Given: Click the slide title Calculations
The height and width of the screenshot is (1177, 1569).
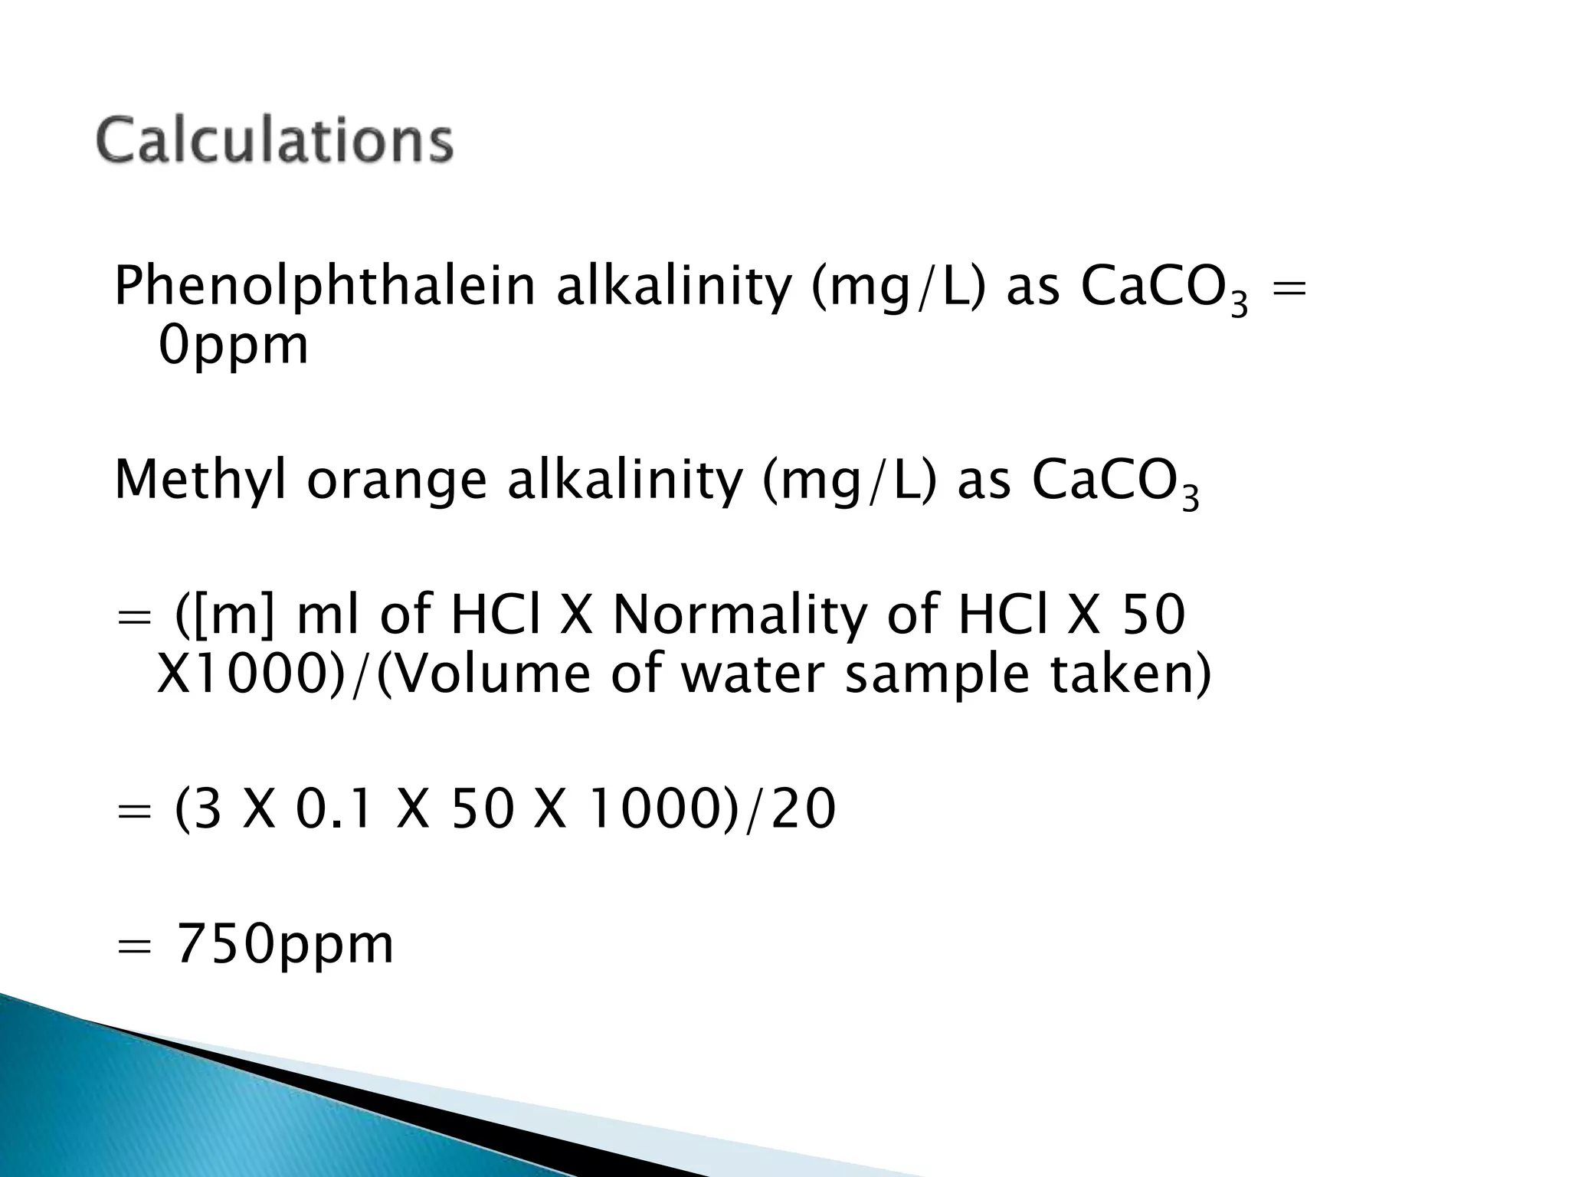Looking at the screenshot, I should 275,140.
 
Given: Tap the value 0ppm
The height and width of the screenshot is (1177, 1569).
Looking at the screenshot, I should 233,345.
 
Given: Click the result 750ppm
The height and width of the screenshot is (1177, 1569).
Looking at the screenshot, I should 285,944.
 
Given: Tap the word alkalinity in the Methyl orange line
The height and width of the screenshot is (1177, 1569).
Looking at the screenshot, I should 625,480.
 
